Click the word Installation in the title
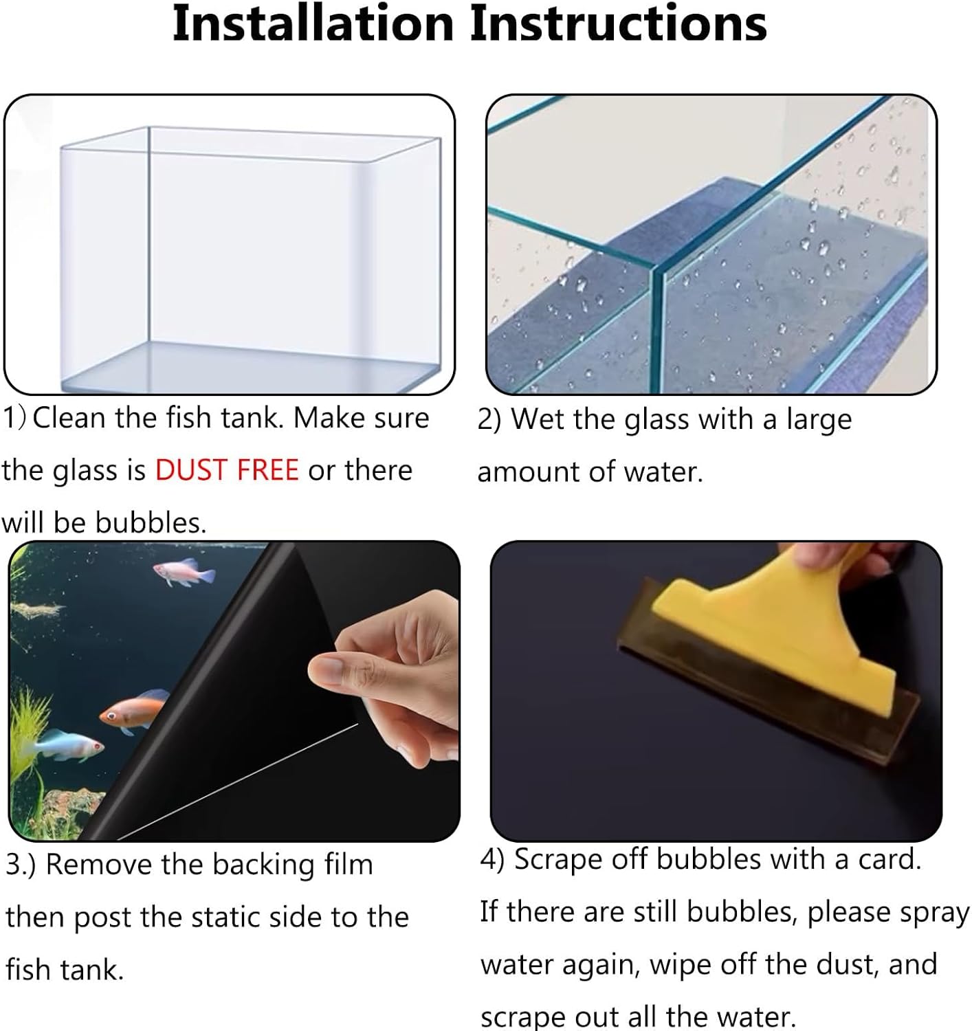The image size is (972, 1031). [x=313, y=24]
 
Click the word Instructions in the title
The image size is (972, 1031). [x=618, y=24]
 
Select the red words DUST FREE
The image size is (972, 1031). [x=227, y=470]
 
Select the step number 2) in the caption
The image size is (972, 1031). [x=489, y=419]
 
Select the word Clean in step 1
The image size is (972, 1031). [x=71, y=418]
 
